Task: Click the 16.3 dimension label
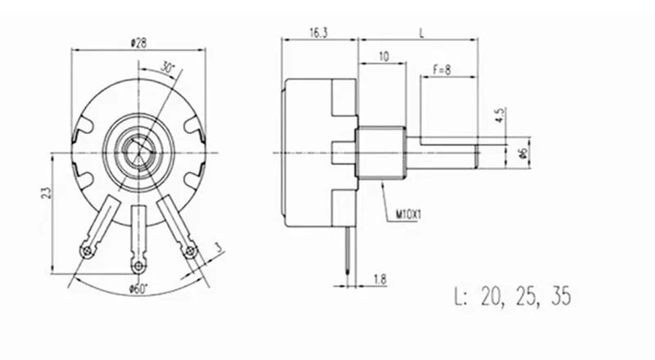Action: click(319, 33)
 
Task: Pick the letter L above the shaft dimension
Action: click(422, 33)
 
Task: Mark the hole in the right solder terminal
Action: click(191, 250)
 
